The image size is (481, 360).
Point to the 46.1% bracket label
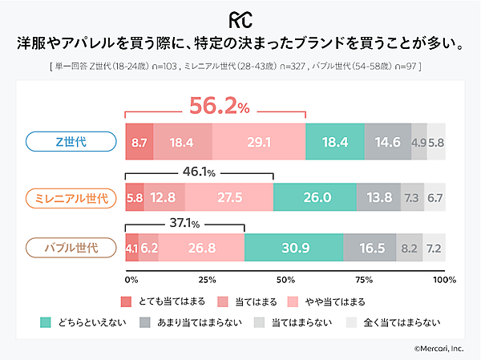point(200,170)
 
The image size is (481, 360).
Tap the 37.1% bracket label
point(184,224)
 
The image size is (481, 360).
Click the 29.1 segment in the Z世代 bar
point(259,142)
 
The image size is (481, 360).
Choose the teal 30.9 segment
point(293,247)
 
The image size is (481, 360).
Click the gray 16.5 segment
point(368,247)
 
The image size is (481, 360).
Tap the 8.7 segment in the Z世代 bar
point(139,142)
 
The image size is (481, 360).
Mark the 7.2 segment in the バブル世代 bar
point(434,247)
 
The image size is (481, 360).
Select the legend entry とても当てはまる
point(164,301)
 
